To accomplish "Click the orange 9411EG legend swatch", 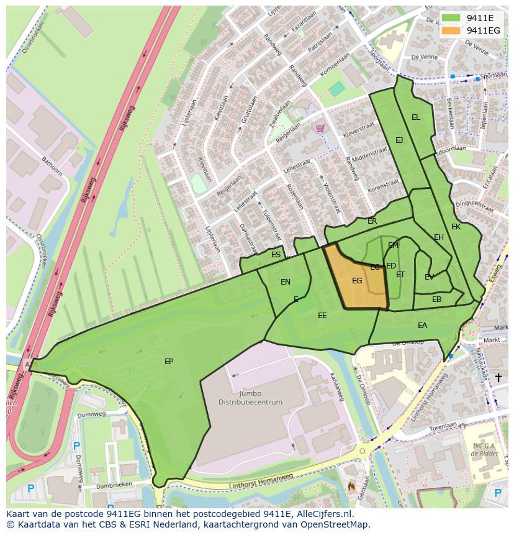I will pos(452,30).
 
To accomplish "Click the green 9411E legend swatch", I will pos(452,18).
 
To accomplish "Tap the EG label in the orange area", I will pos(357,281).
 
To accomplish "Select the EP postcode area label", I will pos(169,361).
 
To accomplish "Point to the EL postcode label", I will pos(416,117).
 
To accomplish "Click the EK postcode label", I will pos(456,227).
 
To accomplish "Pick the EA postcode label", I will pos(423,326).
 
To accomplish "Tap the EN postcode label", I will pos(286,282).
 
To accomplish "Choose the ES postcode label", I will pos(276,255).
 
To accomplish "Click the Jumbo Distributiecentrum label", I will pos(250,398).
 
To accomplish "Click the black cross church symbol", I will pos(498,377).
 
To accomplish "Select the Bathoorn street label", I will pos(52,167).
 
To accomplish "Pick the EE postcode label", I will pos(322,316).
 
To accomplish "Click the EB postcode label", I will pos(437,300).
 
